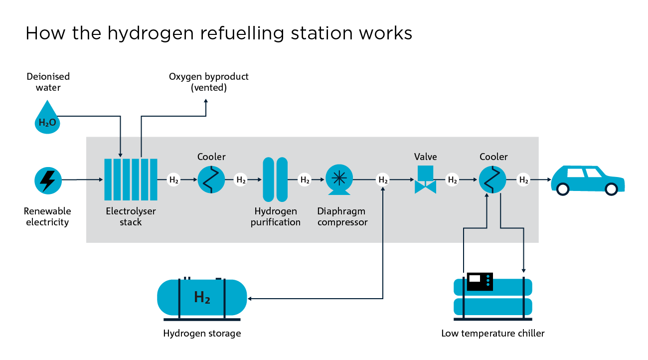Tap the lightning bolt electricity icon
tap(48, 180)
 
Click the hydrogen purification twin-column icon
tap(275, 180)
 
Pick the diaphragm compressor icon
tap(339, 180)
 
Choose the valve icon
tap(425, 180)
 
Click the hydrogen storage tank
tap(202, 298)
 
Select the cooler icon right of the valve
tap(492, 180)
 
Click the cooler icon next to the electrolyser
tap(211, 180)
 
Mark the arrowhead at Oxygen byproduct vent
tap(206, 102)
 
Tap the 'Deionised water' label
tap(48, 82)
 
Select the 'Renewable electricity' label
tap(47, 216)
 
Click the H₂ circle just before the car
tap(523, 180)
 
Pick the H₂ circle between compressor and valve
tap(383, 180)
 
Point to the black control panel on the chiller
tap(479, 281)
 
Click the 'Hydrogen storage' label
tap(202, 334)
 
